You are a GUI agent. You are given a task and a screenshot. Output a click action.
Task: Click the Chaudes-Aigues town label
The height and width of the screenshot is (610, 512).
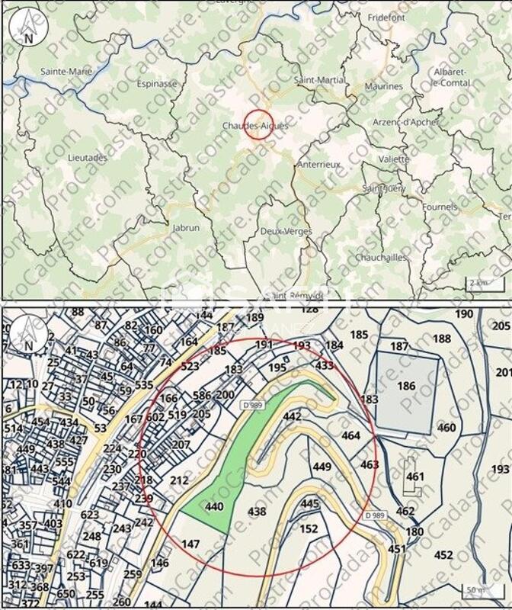[255, 125]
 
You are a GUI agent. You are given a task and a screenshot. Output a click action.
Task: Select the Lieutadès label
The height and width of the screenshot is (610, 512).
[88, 158]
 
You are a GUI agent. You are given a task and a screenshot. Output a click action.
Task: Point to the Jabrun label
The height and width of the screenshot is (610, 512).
[186, 227]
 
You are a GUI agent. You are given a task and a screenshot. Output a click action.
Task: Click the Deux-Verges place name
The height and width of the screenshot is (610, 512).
[281, 231]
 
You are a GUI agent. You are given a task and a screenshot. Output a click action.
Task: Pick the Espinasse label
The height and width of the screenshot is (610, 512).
[157, 84]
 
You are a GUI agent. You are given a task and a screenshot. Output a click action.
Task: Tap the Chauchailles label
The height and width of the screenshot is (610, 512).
[381, 258]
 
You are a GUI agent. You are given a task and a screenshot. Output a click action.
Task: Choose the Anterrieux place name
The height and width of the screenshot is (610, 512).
[319, 165]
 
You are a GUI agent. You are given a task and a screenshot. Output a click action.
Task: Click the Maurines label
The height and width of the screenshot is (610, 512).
[383, 87]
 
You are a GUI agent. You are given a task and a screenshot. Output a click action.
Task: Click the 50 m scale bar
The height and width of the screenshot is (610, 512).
[476, 590]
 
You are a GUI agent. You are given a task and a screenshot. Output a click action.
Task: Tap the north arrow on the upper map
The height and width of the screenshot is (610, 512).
[28, 27]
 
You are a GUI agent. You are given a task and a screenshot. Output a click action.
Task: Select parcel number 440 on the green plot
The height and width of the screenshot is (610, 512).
[214, 506]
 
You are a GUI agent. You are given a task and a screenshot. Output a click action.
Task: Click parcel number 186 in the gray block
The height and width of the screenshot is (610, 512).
[406, 387]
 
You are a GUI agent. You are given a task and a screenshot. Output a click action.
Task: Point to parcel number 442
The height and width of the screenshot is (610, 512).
[292, 416]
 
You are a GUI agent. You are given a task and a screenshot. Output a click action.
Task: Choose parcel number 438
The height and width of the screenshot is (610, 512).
[258, 512]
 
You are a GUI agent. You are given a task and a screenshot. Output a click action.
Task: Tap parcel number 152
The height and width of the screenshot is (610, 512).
[309, 528]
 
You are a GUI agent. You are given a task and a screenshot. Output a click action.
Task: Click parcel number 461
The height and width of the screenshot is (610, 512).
[415, 477]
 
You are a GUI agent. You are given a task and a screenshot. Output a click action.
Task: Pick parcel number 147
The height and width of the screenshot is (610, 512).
[190, 544]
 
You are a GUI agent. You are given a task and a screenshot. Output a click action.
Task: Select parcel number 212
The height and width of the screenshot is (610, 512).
[179, 481]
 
